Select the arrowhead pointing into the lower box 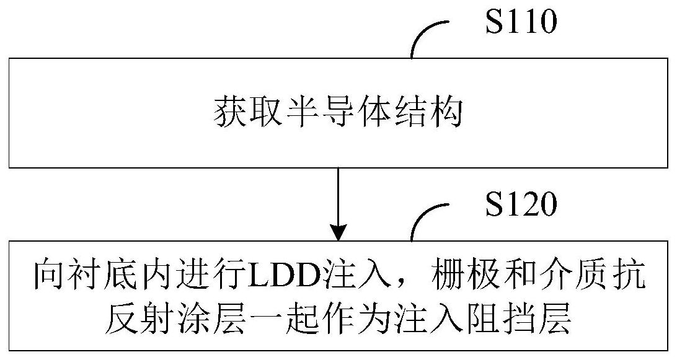click(337, 232)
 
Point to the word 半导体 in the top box click(337, 113)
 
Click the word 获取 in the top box click(240, 113)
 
